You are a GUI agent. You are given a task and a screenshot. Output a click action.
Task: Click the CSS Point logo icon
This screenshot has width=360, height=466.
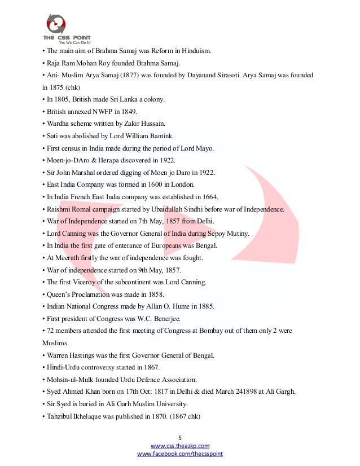[56, 24]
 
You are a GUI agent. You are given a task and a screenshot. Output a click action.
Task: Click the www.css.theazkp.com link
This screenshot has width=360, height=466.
[179, 446]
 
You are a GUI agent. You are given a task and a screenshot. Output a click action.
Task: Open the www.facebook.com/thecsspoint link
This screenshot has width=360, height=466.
[179, 454]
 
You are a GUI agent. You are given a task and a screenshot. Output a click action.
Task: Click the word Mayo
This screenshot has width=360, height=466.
[204, 149]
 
